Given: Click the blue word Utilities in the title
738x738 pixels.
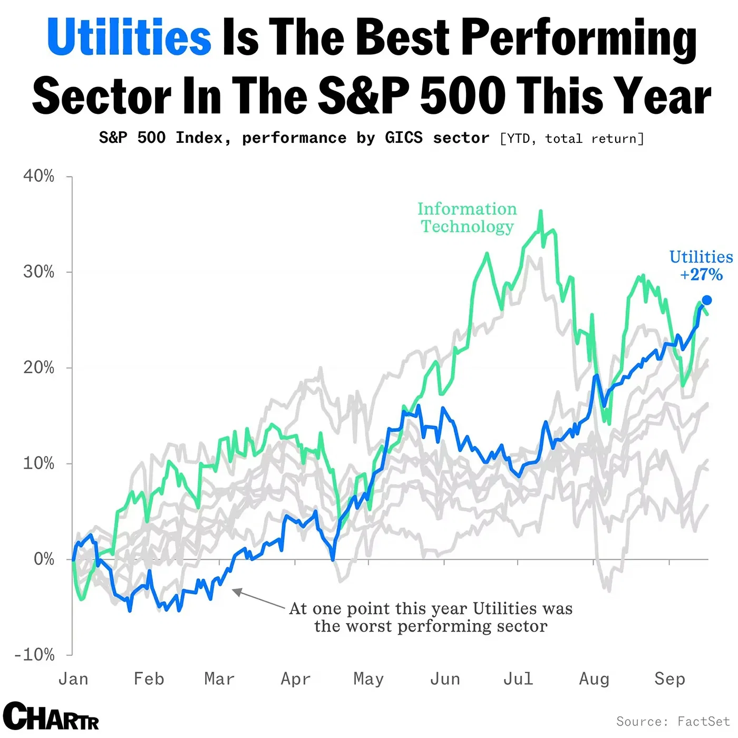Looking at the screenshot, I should [x=129, y=38].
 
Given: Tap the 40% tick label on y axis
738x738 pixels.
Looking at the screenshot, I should [x=38, y=176].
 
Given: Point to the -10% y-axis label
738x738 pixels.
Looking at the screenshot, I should [x=35, y=655].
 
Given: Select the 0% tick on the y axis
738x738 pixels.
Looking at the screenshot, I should [x=44, y=559].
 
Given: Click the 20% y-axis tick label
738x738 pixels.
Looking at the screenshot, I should [x=38, y=367].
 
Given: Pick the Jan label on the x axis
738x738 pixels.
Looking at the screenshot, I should [x=73, y=678].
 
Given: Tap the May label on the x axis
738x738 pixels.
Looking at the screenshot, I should [x=368, y=678].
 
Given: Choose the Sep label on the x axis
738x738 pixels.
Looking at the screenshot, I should [x=669, y=678].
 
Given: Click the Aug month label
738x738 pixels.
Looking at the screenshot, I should [x=594, y=678].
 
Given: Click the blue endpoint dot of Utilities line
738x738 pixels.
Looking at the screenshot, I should [x=707, y=300].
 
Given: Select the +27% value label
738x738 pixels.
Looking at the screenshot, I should [x=701, y=275].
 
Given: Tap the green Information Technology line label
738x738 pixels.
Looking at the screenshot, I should [x=467, y=217].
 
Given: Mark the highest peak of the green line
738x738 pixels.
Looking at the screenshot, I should [x=540, y=211].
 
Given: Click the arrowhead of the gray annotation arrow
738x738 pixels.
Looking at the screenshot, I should [x=235, y=591].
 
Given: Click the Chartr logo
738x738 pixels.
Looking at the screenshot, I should [x=51, y=716].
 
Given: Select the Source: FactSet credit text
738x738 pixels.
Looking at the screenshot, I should [x=673, y=721].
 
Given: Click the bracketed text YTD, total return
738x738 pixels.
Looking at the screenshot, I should [x=572, y=139].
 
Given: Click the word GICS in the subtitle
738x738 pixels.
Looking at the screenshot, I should [x=404, y=138].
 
